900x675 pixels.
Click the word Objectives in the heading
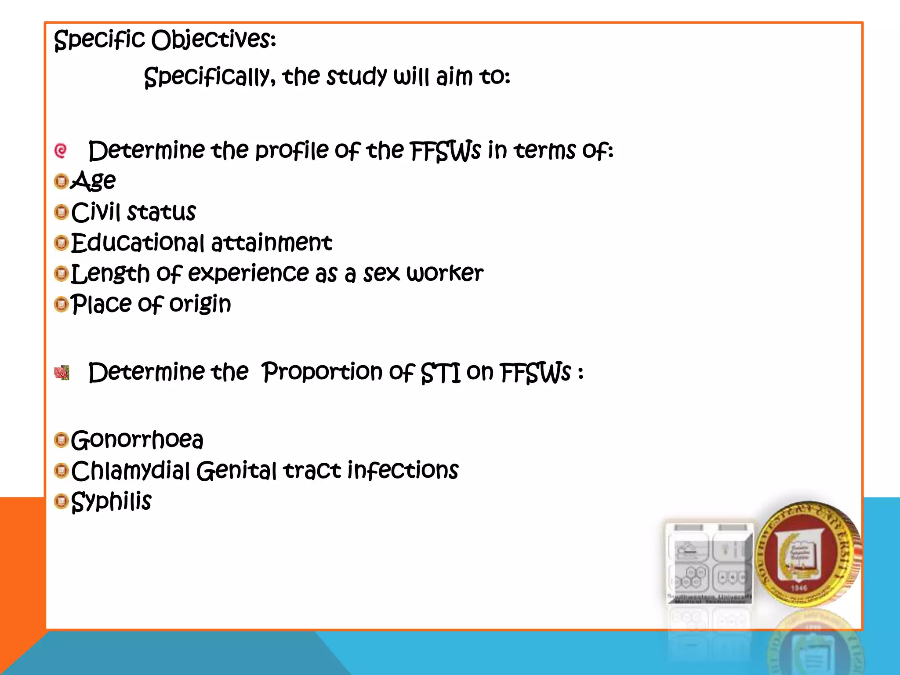click(x=213, y=40)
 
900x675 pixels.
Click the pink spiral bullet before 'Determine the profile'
click(x=61, y=151)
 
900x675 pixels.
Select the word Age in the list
click(x=93, y=181)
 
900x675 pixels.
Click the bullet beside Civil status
click(x=62, y=212)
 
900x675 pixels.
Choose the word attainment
click(x=271, y=243)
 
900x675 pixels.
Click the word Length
click(x=110, y=273)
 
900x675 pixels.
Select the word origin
click(x=200, y=304)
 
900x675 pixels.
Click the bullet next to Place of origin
click(x=62, y=304)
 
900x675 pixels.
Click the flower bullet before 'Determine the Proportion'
click(x=62, y=373)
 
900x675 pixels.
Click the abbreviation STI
click(x=440, y=373)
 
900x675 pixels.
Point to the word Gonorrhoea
click(x=137, y=439)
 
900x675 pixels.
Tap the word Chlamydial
click(x=131, y=471)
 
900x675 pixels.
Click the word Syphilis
click(x=111, y=501)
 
